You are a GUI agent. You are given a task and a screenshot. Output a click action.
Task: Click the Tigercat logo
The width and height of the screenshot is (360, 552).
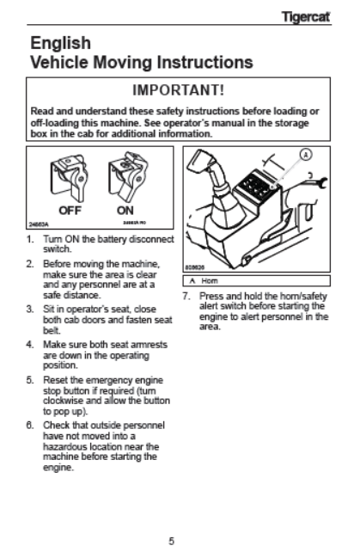pos(306,16)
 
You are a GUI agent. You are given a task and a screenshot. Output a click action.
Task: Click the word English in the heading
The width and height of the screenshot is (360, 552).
pos(60,44)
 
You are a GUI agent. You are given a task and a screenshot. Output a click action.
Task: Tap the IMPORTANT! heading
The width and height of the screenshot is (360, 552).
pos(178,89)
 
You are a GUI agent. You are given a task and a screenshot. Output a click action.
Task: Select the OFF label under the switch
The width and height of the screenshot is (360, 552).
pos(70,211)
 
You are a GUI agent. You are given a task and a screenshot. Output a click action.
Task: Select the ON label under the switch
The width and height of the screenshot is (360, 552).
pos(125,211)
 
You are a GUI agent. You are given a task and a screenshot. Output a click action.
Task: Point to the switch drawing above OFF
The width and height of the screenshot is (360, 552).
pos(69,178)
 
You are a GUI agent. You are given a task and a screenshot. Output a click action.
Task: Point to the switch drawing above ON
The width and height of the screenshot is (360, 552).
pos(128,176)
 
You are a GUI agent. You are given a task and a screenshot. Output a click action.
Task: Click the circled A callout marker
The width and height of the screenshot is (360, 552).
pos(306,155)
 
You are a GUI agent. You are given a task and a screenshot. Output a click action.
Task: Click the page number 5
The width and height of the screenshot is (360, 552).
pos(171,541)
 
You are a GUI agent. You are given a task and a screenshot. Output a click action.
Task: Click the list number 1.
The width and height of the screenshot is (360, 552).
pos(30,239)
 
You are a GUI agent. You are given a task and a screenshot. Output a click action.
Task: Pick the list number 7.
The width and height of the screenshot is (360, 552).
pos(186,296)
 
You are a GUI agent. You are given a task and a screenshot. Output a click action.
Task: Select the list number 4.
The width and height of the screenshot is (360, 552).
pos(30,345)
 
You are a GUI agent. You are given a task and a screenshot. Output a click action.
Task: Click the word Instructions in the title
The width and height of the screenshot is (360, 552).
pos(204,62)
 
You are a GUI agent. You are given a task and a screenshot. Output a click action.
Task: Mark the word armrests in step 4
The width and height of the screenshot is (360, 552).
pos(149,345)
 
